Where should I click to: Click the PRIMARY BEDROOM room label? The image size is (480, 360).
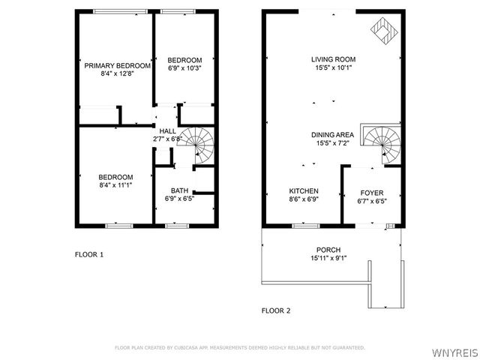[x=117, y=66]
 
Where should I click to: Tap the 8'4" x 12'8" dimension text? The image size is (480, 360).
[x=117, y=74]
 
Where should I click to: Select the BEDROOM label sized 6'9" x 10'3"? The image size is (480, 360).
[x=184, y=60]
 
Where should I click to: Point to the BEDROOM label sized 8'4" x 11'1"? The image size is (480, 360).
[x=115, y=177]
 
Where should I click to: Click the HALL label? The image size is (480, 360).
[x=167, y=131]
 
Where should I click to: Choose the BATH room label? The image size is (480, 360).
[x=179, y=190]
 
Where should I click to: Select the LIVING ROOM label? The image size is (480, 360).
[x=333, y=59]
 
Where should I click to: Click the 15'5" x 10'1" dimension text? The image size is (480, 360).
[x=333, y=67]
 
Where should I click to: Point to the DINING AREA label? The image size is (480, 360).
[x=333, y=135]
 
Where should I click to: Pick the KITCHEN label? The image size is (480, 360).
[x=304, y=191]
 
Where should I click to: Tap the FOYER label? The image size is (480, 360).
[x=372, y=192]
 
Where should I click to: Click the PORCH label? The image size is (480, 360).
[x=328, y=250]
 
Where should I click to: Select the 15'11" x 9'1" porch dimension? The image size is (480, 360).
[x=328, y=259]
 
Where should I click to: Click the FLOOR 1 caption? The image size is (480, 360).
[x=88, y=254]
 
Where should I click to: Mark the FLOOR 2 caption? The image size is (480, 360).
[x=275, y=310]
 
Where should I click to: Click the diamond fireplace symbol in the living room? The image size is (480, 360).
[x=384, y=31]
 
